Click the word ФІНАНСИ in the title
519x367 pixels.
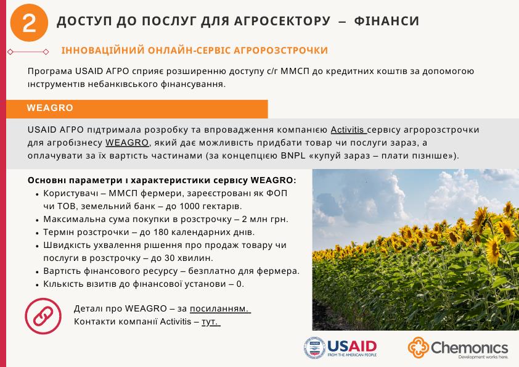pyautogui.click(x=387, y=22)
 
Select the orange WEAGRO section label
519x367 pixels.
pyautogui.click(x=51, y=108)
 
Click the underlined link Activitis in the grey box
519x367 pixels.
pyautogui.click(x=348, y=130)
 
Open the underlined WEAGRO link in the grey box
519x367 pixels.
pyautogui.click(x=132, y=142)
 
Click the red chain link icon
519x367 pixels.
pyautogui.click(x=43, y=315)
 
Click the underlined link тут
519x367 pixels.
pyautogui.click(x=211, y=321)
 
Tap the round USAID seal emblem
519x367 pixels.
pyautogui.click(x=314, y=348)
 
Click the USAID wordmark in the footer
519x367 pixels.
pyautogui.click(x=352, y=345)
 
